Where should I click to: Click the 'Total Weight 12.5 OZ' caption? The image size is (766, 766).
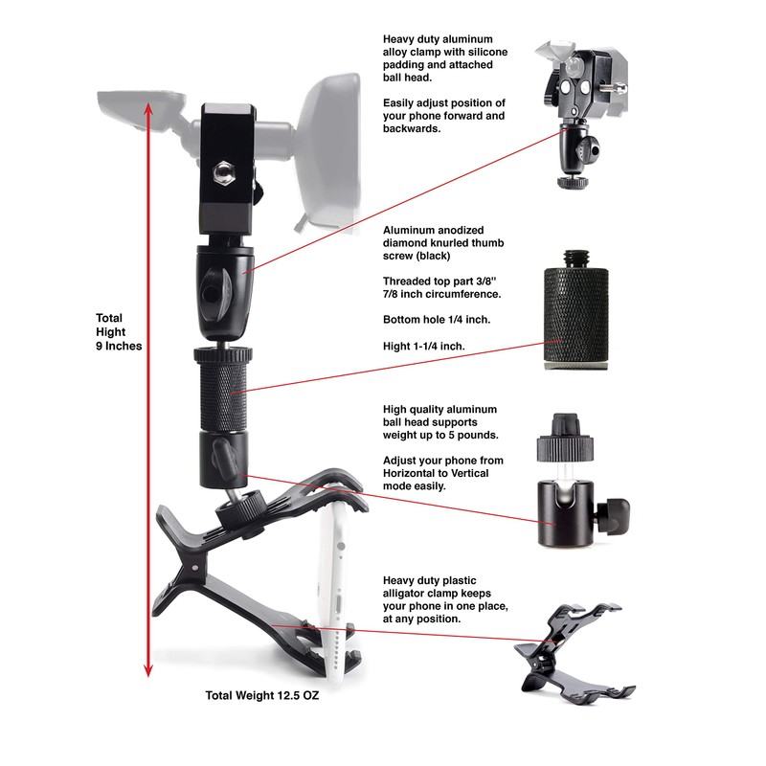[261, 696]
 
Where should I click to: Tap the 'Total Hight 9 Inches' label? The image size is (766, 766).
[119, 331]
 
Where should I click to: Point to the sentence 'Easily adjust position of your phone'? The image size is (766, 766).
[443, 116]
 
